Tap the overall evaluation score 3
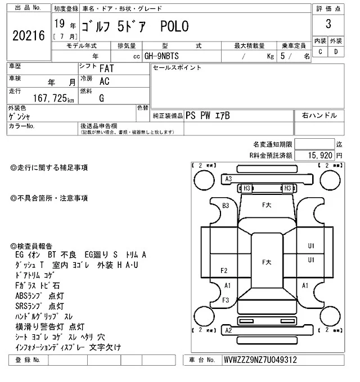click(x=327, y=24)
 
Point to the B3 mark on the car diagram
click(x=226, y=206)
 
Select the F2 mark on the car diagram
click(x=224, y=270)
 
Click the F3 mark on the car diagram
click(x=225, y=300)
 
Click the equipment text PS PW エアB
click(x=208, y=115)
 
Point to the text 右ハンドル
click(x=319, y=115)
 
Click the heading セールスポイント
click(x=177, y=68)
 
